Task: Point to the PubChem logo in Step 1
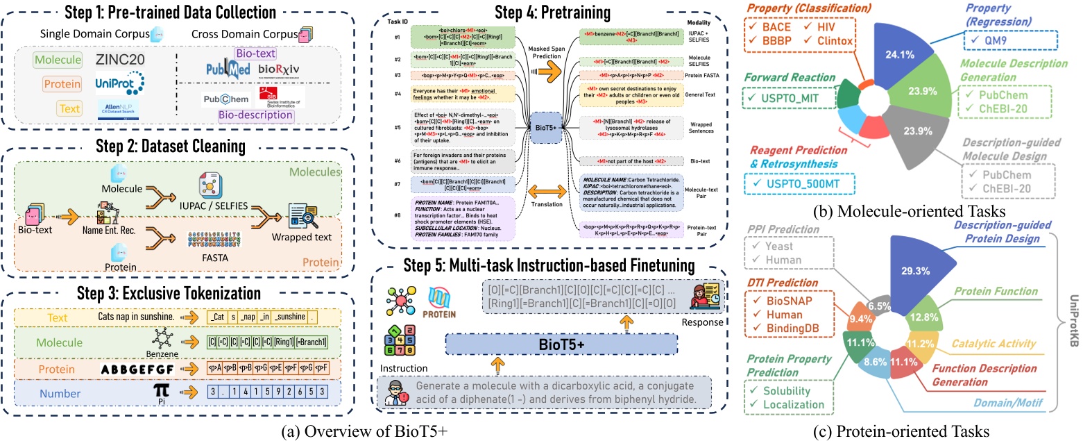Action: click(227, 99)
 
